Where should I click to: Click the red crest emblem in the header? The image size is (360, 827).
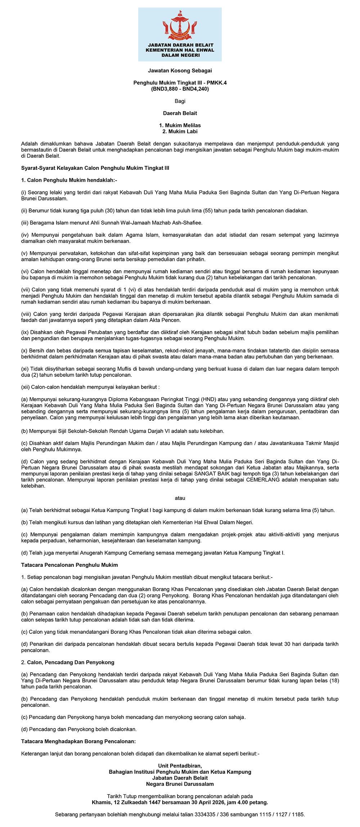coord(180,26)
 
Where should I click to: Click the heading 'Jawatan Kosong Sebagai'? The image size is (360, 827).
coord(180,71)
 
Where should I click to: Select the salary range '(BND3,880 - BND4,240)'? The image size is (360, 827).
coord(180,89)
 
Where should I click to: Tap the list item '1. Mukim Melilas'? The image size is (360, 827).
coord(180,125)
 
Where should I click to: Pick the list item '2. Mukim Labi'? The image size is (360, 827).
coord(180,131)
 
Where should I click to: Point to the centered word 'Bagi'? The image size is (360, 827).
coord(180,101)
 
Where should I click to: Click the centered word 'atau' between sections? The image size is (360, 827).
coord(180,498)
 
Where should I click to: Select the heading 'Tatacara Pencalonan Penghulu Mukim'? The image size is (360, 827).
coord(69,565)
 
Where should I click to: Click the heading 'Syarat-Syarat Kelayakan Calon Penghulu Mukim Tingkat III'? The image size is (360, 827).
coord(95,168)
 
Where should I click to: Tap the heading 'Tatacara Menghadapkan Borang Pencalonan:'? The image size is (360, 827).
coord(78,741)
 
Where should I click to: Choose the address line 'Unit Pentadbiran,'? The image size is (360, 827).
coord(180,766)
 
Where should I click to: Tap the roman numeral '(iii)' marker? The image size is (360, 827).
coord(25,223)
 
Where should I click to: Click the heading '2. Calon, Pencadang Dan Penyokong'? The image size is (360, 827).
coord(68,662)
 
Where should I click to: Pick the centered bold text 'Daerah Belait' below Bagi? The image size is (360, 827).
coord(180,113)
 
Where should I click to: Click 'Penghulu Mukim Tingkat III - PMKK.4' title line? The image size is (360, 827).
coord(180,83)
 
